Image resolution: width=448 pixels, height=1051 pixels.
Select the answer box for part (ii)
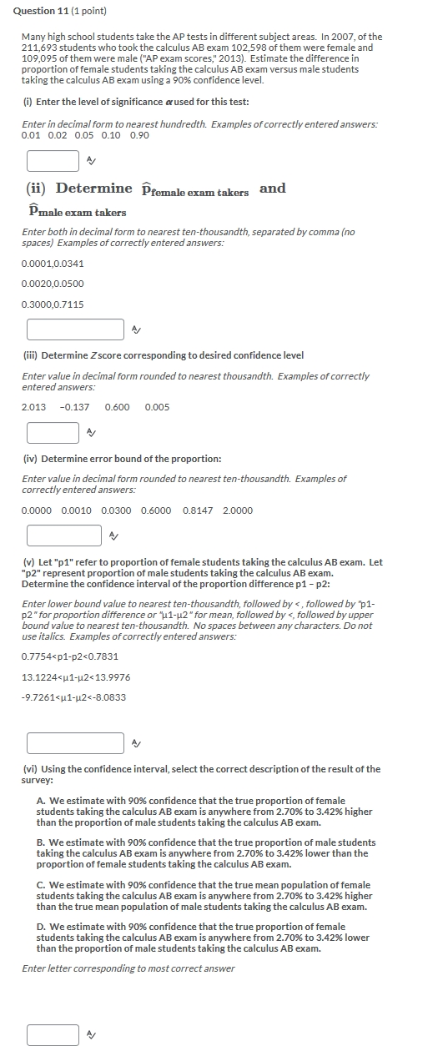coord(75,329)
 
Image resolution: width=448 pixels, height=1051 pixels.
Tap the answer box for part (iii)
coord(53,433)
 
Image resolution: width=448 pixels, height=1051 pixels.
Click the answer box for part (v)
coord(75,742)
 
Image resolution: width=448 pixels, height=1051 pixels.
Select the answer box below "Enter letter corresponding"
coord(53,1035)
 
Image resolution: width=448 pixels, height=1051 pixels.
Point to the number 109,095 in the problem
coord(39,58)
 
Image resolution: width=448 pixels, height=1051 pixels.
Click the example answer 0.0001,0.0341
coord(53,264)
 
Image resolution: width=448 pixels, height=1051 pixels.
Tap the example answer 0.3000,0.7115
coord(53,304)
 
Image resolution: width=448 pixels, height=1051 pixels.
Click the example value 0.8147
coord(197,510)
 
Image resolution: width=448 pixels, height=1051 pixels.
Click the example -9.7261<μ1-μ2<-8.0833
coord(73,697)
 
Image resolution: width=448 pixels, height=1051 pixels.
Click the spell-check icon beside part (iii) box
coord(91,433)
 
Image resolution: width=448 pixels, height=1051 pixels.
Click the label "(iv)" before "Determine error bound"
coord(30,460)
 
